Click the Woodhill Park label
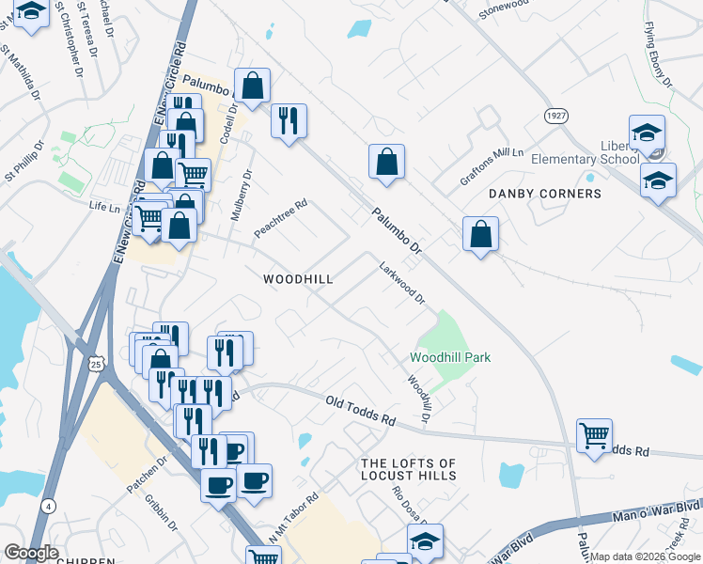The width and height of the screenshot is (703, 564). click(450, 357)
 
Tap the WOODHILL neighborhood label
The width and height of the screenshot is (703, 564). click(299, 279)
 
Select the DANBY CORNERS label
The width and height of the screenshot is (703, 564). click(545, 194)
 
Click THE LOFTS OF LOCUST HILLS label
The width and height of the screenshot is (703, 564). click(409, 470)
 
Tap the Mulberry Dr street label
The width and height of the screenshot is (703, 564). click(241, 195)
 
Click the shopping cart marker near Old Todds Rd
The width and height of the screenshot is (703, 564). click(594, 436)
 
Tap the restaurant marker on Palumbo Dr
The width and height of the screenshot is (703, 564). click(289, 121)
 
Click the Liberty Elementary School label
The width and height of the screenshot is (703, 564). click(586, 153)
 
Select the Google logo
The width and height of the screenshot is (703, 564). click(32, 553)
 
